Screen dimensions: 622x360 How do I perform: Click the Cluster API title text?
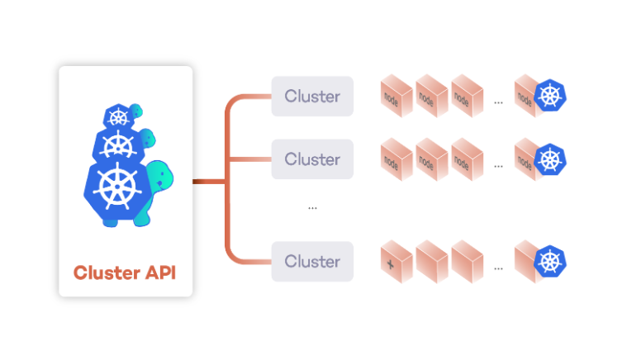click(x=125, y=272)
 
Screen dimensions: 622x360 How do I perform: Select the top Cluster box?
click(x=312, y=97)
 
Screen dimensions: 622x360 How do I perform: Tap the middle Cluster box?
click(x=312, y=159)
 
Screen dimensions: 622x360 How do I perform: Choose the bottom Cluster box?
click(x=312, y=261)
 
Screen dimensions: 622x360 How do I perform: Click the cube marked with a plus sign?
click(x=396, y=261)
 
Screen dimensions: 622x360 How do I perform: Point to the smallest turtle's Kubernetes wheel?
click(x=119, y=117)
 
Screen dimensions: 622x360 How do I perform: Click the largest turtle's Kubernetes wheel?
click(x=117, y=186)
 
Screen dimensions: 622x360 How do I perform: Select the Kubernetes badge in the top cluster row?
click(x=550, y=96)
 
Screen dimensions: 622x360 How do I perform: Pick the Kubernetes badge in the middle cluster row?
click(x=550, y=159)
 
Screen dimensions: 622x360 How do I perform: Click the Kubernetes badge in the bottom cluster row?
click(x=550, y=262)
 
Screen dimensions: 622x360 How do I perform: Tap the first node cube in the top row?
click(x=396, y=96)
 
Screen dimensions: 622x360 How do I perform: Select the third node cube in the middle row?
click(x=468, y=159)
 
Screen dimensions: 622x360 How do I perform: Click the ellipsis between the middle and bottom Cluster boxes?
click(x=312, y=208)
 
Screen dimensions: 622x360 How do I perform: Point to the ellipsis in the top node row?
click(x=499, y=102)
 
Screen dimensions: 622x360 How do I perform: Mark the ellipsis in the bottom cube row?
click(x=499, y=269)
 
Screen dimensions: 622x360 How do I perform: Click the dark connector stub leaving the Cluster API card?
click(x=209, y=182)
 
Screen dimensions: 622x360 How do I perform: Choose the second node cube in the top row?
click(x=431, y=96)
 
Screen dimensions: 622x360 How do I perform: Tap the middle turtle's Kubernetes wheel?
click(x=118, y=145)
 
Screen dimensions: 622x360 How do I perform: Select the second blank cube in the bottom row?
click(x=468, y=261)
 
